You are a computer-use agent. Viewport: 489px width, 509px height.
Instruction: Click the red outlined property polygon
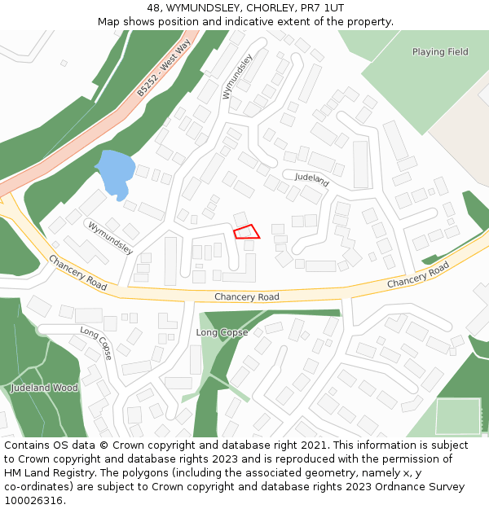(x=247, y=231)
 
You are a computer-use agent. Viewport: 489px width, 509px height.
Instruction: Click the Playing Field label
(x=440, y=52)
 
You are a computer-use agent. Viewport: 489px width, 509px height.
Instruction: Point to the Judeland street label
(x=311, y=178)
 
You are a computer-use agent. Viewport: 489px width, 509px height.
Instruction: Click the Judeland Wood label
(x=45, y=388)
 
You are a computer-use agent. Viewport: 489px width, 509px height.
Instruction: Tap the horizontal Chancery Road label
(x=247, y=297)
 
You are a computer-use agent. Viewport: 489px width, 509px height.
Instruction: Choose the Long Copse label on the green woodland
(x=222, y=332)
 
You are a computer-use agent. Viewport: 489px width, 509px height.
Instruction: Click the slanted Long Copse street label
(x=96, y=343)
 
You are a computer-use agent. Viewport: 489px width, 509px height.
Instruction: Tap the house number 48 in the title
(x=152, y=8)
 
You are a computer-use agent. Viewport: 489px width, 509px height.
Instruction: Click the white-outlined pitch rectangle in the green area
(x=458, y=416)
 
